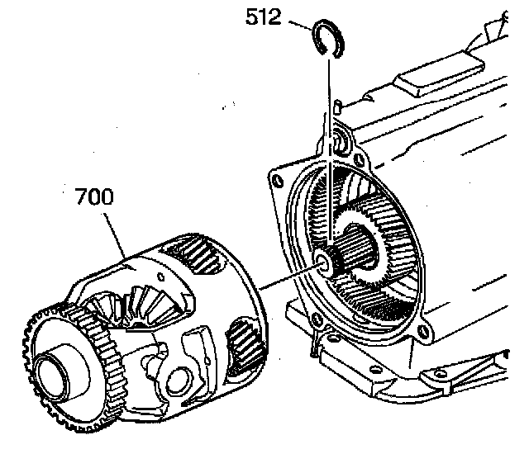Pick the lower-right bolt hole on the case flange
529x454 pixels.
[423, 333]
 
